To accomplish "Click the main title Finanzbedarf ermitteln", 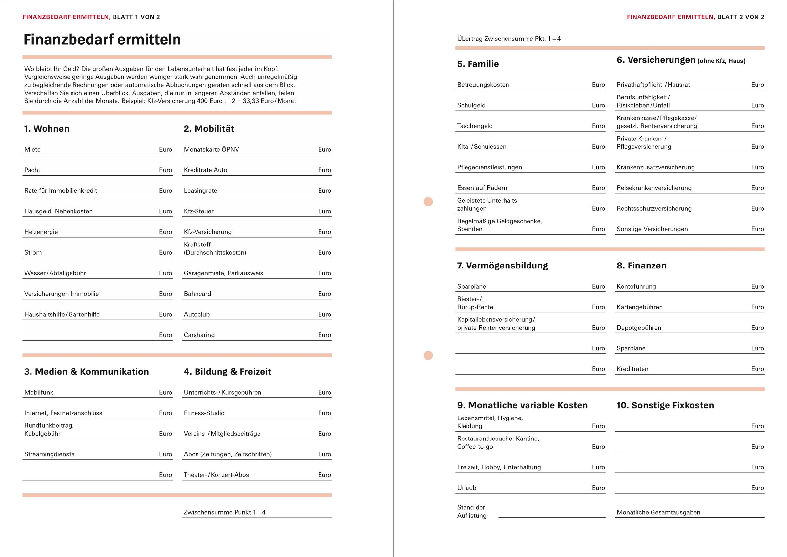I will (102, 40).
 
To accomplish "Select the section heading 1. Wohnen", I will (47, 129).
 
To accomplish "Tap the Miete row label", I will (32, 150).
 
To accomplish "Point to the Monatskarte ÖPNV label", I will (211, 150).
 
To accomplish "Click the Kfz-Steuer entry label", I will (198, 211).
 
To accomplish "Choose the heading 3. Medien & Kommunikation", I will (86, 372).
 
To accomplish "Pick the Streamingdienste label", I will (49, 454).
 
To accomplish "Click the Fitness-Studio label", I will (204, 413).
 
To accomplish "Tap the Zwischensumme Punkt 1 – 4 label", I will (224, 512).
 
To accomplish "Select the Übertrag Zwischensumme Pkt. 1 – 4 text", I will (509, 39).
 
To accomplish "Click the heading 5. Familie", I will (478, 64).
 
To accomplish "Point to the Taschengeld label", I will (475, 126).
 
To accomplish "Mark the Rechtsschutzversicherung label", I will (654, 208).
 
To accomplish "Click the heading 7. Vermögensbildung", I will (502, 266).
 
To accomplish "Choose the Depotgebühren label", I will (639, 328).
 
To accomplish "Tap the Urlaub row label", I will (466, 488).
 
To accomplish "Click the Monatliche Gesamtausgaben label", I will (658, 512).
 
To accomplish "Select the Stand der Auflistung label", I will (472, 511).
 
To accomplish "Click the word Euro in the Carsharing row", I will (324, 335).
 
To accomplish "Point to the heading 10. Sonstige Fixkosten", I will (665, 405).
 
